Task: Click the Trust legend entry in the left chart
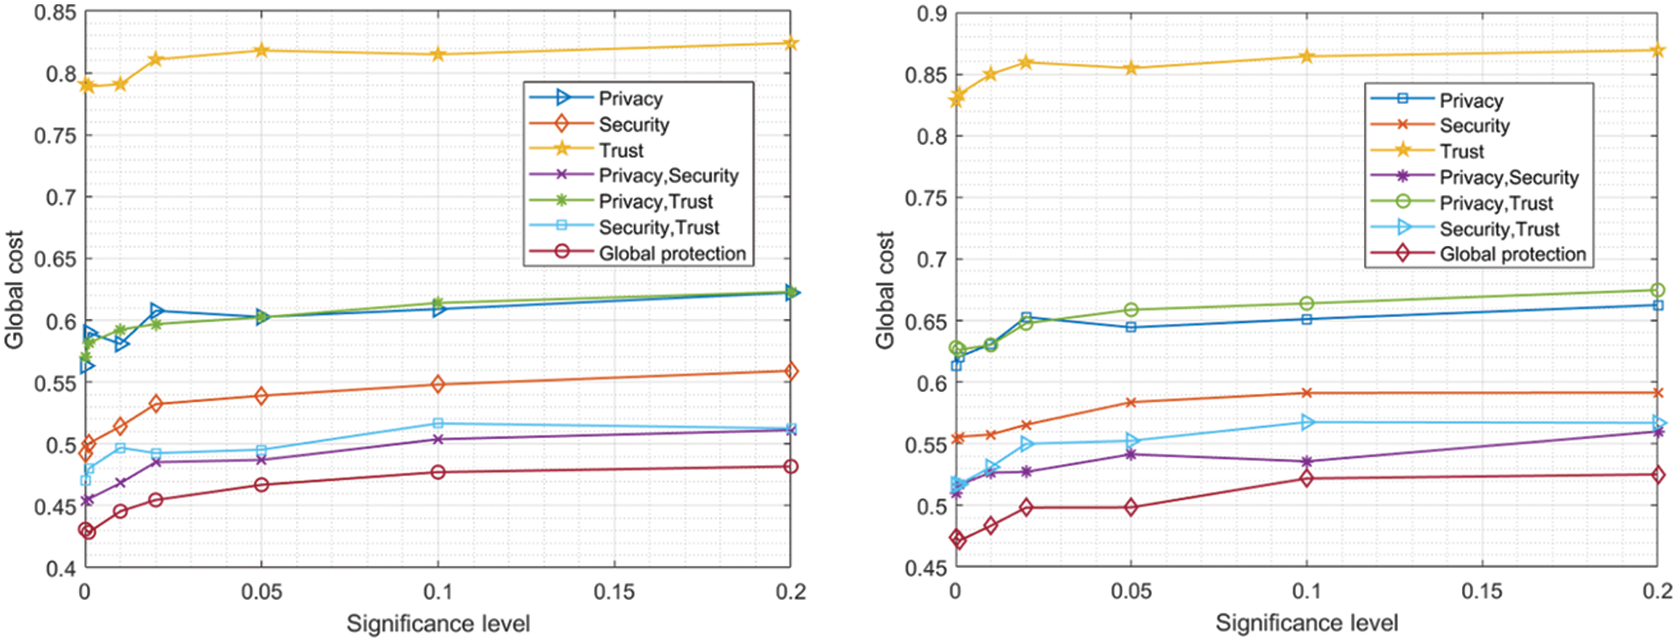621,150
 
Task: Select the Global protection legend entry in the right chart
1512,254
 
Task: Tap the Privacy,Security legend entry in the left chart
668,176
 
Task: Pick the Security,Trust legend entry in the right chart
1499,229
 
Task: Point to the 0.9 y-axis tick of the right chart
932,14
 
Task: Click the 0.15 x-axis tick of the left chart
614,592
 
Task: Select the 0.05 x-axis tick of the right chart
1130,592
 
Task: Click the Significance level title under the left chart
438,624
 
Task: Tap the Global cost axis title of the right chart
886,290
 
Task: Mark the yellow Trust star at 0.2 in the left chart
791,43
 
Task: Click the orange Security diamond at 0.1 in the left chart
438,384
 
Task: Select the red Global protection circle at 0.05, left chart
261,485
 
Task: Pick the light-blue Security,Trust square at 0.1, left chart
438,423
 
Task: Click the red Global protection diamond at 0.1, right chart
1307,478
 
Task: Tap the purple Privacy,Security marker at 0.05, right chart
1131,454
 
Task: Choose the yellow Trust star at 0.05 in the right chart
1131,68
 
